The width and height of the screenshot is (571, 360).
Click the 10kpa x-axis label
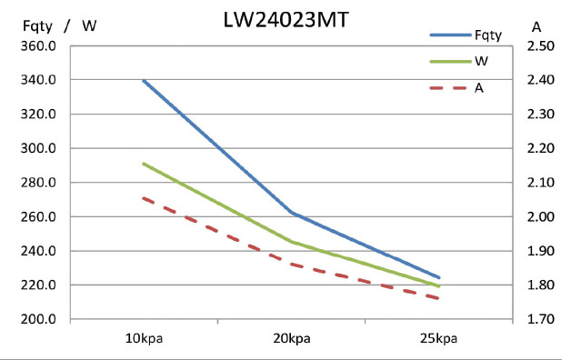pos(145,339)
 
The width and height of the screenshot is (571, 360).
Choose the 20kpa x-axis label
pos(292,339)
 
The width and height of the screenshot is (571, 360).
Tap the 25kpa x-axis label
pos(439,339)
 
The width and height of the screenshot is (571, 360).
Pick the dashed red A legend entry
pos(478,88)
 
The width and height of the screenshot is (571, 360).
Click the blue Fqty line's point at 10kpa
pos(144,80)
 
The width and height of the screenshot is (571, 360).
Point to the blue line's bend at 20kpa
pos(292,213)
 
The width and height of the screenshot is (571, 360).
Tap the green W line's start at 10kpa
pos(144,164)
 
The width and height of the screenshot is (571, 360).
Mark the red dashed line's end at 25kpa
pos(439,298)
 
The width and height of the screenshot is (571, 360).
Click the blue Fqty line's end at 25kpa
pos(439,277)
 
